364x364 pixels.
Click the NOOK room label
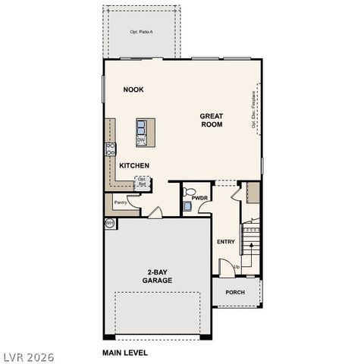(x=133, y=89)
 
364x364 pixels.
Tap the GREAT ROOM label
(x=211, y=120)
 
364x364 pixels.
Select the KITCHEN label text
(x=133, y=165)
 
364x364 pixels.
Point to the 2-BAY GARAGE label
(x=158, y=276)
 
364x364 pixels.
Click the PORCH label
(x=234, y=292)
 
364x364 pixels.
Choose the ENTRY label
(x=226, y=242)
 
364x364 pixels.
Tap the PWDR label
(x=199, y=198)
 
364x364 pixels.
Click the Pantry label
(x=120, y=202)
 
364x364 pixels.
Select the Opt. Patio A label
(x=142, y=32)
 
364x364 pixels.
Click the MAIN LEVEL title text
(x=125, y=353)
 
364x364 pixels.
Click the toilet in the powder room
(x=190, y=192)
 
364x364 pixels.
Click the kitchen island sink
(x=142, y=127)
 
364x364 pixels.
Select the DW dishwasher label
(x=141, y=140)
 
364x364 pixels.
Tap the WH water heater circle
(x=109, y=223)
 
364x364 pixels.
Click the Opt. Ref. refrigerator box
(x=142, y=182)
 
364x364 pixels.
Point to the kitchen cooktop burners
(x=110, y=149)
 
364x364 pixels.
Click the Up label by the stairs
(x=237, y=267)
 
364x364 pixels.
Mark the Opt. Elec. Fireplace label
(x=253, y=110)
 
